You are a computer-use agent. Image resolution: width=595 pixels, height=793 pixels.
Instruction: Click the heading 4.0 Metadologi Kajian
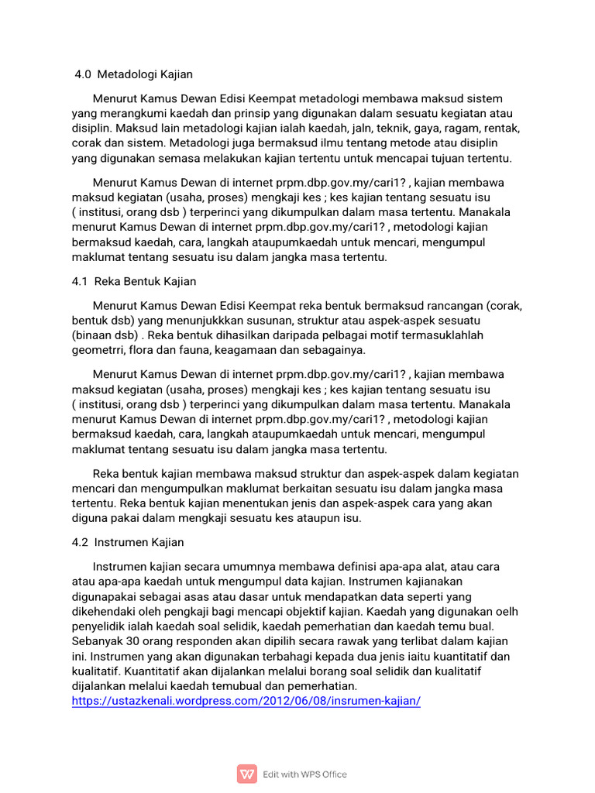[x=133, y=74]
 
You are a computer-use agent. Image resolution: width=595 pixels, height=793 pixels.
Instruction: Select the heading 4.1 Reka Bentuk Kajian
[x=134, y=280]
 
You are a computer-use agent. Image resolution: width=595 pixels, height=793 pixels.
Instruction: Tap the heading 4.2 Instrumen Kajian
[x=128, y=542]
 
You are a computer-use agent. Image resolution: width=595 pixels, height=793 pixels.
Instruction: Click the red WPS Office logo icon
[x=247, y=774]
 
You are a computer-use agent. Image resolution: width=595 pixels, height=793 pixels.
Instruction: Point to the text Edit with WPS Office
[x=305, y=774]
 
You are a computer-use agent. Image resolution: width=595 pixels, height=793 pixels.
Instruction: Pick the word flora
[x=147, y=349]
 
